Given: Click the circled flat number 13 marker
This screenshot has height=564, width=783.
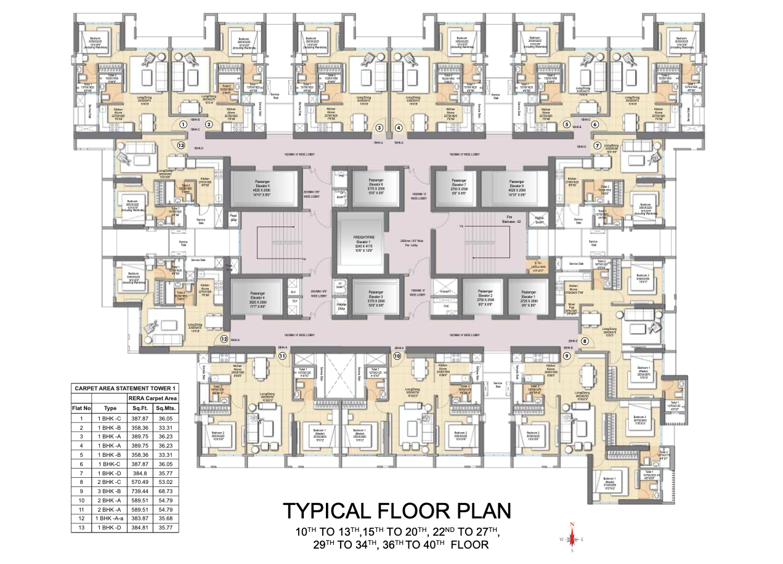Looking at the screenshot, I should point(181,146).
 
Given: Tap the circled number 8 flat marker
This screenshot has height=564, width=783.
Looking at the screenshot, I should point(585,340).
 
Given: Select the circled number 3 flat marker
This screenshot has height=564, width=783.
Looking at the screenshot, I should point(379,128).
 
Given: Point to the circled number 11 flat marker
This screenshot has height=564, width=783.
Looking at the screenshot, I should point(283,355).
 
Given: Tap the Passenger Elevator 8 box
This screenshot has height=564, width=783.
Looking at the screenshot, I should point(516,185).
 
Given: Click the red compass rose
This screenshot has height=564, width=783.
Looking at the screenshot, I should point(572,538).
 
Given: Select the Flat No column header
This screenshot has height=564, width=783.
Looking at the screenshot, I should point(81,408).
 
